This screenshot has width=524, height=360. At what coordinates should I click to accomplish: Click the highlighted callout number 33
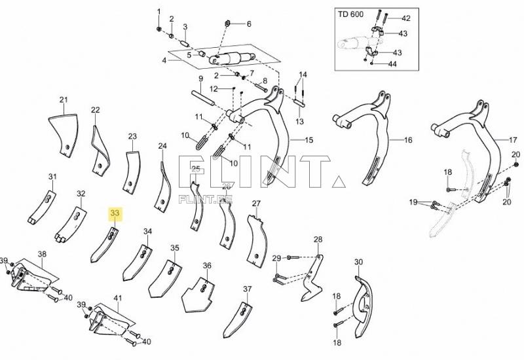coord(115,213)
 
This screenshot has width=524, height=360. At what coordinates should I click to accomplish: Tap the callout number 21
coord(64,99)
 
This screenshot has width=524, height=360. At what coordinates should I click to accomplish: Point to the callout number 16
coord(408,140)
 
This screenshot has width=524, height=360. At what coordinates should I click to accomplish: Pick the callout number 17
coord(514,140)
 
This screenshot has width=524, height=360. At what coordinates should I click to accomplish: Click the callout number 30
coord(358,262)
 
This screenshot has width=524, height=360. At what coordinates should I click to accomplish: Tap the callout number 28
coord(318,239)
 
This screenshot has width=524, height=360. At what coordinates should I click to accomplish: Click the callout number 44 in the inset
coord(392,64)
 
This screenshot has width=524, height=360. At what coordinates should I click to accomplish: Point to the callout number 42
coord(405,18)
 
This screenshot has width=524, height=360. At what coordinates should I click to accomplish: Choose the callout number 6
coord(248,24)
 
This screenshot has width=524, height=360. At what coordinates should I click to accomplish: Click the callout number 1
coord(158,12)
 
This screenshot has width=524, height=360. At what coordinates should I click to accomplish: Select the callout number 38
coord(42,254)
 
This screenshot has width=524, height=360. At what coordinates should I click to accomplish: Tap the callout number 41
coord(118,298)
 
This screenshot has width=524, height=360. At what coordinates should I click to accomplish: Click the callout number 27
coord(256,204)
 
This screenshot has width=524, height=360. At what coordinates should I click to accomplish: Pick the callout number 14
coord(303,74)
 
